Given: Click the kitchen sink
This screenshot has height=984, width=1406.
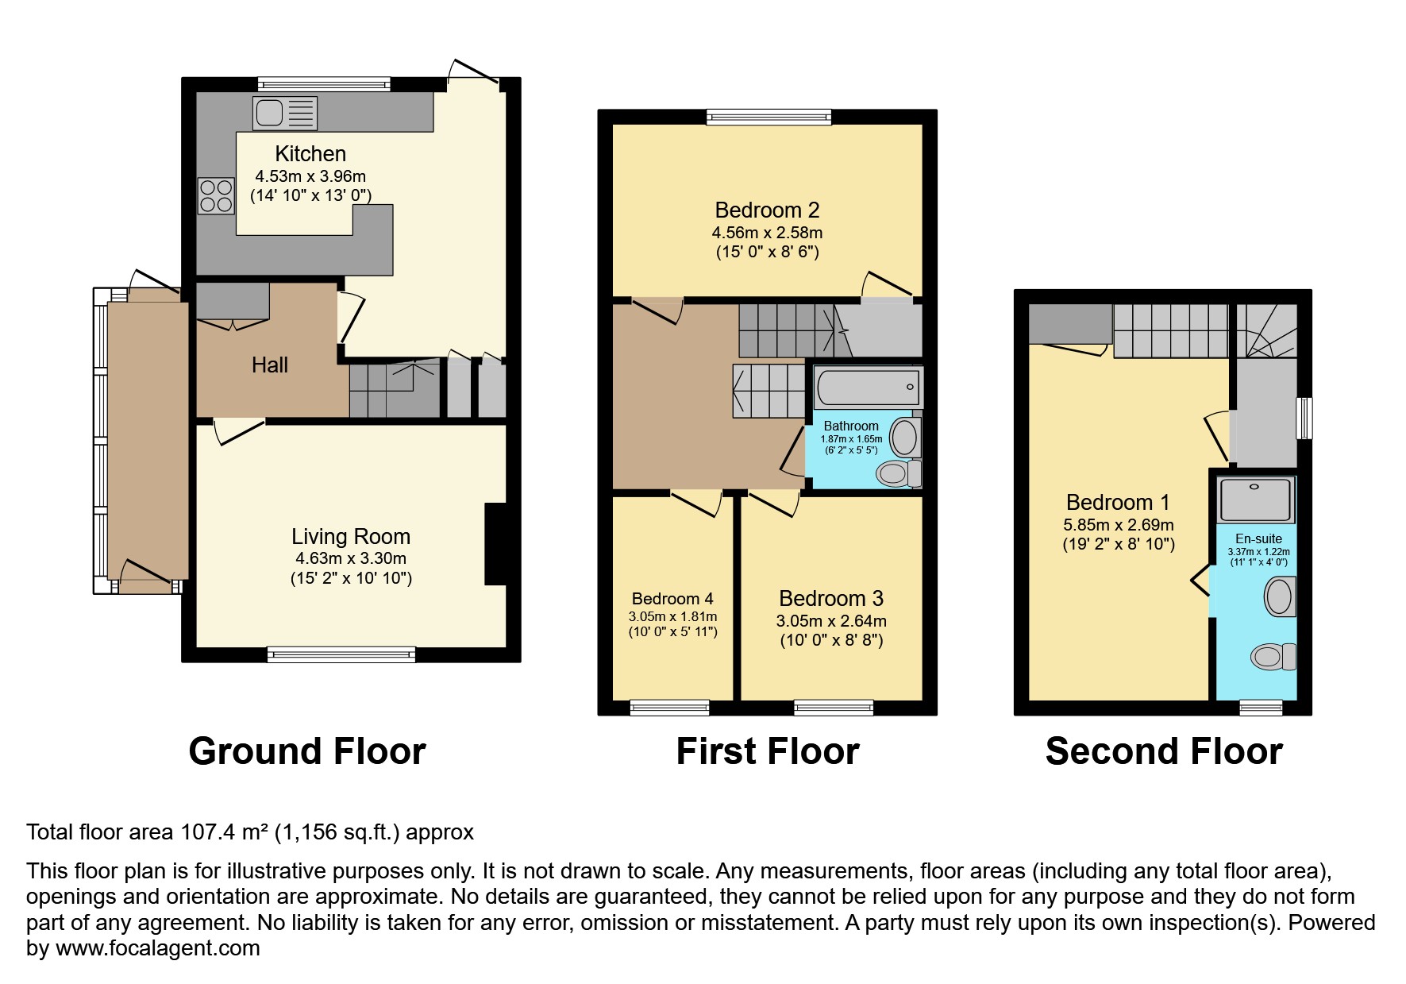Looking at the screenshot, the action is (285, 112).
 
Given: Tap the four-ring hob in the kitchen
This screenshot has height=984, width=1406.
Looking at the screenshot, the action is (216, 195).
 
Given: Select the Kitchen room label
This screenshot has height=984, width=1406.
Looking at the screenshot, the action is (310, 153).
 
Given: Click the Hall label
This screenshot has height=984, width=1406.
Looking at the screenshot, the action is (270, 365).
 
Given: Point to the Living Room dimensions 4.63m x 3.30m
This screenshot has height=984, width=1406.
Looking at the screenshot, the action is (350, 558).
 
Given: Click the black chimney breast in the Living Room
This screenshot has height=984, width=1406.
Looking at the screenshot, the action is (496, 544).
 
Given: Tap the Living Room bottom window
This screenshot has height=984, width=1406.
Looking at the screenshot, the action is (341, 654).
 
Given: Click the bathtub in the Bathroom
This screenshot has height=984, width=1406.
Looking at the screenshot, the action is (868, 388).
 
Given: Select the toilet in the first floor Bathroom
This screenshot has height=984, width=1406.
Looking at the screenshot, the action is (899, 474).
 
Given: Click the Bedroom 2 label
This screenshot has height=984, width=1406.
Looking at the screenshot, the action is (767, 210).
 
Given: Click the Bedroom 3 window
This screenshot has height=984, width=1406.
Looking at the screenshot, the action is (834, 708).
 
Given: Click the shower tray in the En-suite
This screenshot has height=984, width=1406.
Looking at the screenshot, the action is (1257, 500).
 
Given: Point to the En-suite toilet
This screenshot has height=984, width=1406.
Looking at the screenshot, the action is (1273, 657).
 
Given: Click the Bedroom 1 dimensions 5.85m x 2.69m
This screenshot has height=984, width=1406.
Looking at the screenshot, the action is (1119, 525).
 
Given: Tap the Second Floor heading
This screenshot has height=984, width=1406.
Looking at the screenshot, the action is (1164, 751).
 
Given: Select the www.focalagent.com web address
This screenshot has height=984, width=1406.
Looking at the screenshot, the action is (158, 948).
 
